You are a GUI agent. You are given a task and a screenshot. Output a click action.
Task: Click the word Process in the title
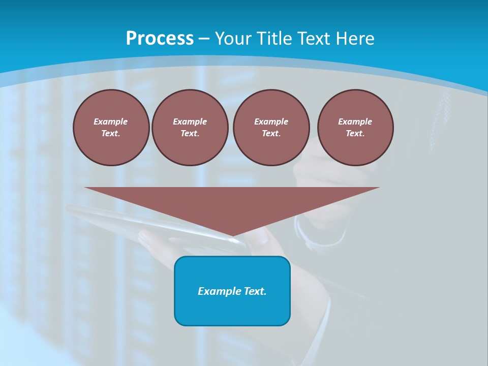tap(160, 38)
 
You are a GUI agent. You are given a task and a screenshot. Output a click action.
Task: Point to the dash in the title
tap(204, 39)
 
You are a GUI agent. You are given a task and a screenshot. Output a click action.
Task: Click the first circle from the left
tap(111, 128)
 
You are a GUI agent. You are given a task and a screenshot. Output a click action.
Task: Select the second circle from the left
tap(190, 128)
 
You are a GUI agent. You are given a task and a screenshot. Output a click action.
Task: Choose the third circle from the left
tap(271, 128)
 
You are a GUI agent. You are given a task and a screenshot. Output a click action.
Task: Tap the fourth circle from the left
tap(355, 128)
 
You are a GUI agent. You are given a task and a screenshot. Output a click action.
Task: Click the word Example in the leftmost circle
tap(111, 121)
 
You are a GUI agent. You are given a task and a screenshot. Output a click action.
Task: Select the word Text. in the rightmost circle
tap(355, 134)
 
